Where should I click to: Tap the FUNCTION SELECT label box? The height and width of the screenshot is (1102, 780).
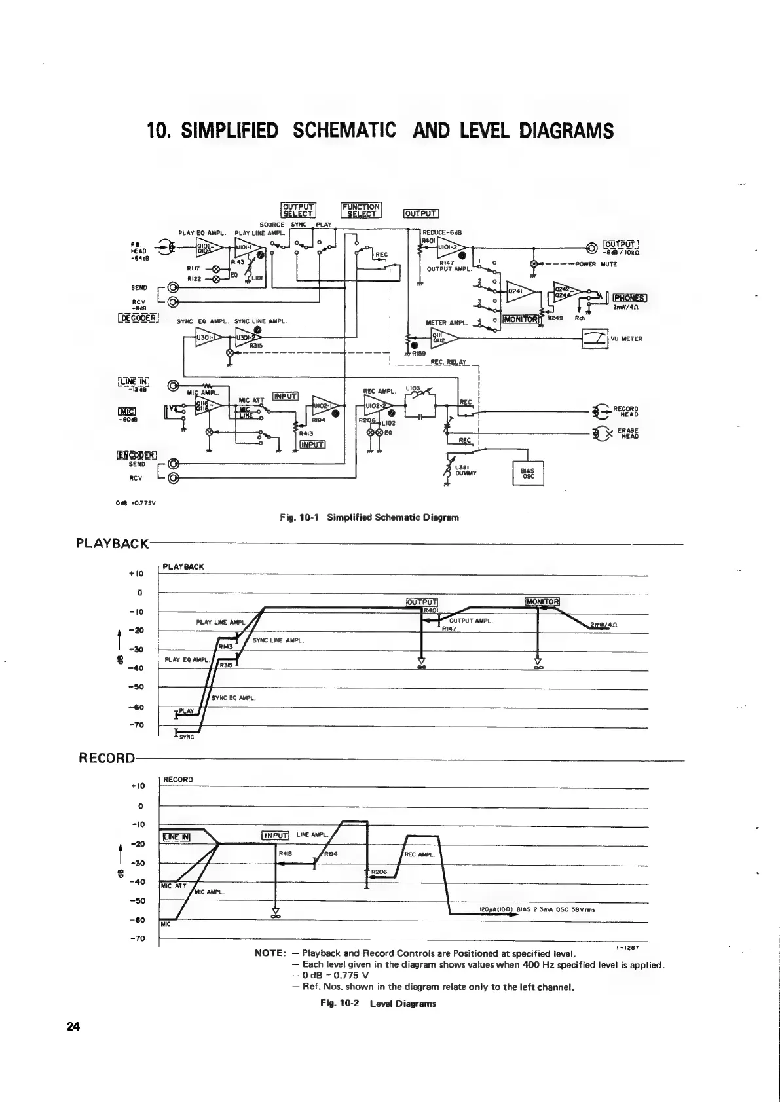pyautogui.click(x=362, y=210)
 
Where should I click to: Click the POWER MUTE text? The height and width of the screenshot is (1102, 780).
pyautogui.click(x=596, y=265)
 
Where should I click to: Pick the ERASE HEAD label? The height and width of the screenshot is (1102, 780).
pyautogui.click(x=628, y=433)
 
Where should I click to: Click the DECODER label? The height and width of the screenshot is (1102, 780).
pyautogui.click(x=136, y=318)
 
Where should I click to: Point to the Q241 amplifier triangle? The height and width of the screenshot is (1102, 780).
pyautogui.click(x=519, y=291)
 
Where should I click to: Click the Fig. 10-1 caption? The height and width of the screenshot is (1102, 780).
pyautogui.click(x=369, y=517)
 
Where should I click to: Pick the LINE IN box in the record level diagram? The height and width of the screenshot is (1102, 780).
pyautogui.click(x=176, y=836)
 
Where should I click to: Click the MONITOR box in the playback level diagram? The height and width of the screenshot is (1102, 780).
pyautogui.click(x=542, y=602)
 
